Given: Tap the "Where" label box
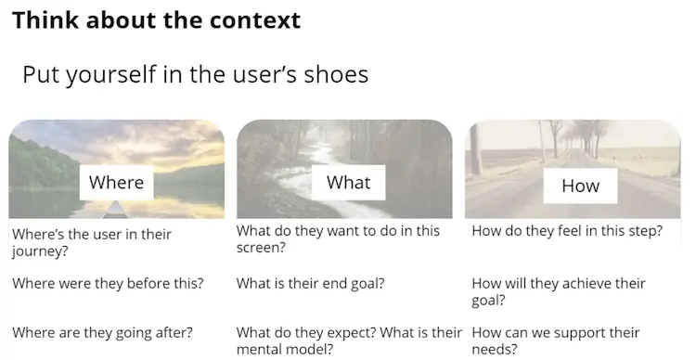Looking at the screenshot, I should click(x=116, y=182).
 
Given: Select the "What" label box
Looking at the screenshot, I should click(x=348, y=182).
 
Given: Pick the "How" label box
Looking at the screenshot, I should click(x=580, y=186).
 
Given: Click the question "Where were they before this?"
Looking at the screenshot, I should click(x=108, y=283).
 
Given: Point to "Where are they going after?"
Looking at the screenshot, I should click(x=102, y=332).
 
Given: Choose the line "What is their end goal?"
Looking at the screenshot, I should click(x=312, y=283).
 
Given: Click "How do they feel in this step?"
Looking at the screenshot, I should click(x=567, y=231).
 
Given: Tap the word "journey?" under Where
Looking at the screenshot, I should click(x=40, y=251).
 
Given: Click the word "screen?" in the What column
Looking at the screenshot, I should click(x=261, y=248).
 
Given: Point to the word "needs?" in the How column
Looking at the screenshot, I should click(x=495, y=349).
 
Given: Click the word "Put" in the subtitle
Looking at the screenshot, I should click(x=39, y=75).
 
